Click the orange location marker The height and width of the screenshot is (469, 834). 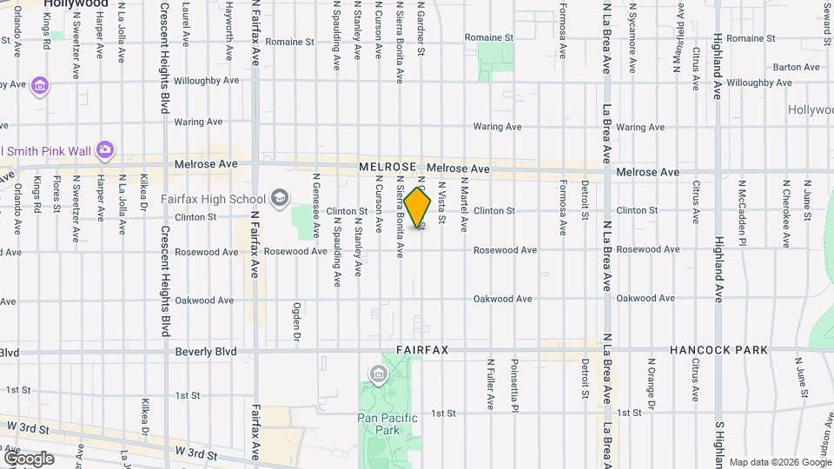point(418,208)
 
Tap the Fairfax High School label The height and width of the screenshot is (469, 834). point(213,199)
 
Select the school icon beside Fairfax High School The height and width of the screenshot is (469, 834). point(280,199)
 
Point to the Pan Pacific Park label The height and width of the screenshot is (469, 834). point(390,424)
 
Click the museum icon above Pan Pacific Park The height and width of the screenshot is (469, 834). point(379,375)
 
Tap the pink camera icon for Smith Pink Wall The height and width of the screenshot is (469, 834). point(105,149)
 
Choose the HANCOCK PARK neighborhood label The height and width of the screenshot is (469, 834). point(718,350)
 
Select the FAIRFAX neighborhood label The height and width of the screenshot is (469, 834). point(422,350)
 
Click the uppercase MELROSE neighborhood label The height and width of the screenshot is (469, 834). point(387,166)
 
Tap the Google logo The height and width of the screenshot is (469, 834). point(29,458)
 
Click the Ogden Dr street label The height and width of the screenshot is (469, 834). point(296,322)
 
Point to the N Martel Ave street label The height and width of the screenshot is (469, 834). point(464,207)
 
